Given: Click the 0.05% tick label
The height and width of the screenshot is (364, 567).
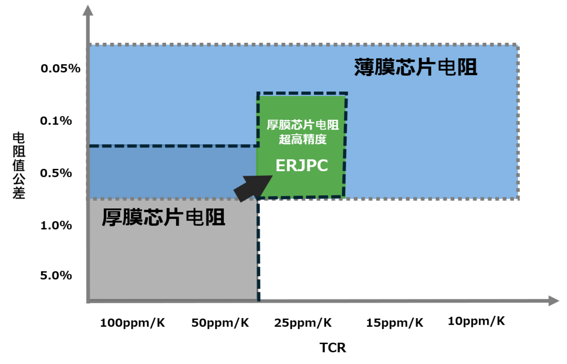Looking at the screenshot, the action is click(x=60, y=69).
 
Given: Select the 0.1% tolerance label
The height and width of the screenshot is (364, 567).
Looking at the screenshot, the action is click(x=56, y=121).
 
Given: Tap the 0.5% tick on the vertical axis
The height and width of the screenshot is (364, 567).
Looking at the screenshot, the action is click(x=56, y=173).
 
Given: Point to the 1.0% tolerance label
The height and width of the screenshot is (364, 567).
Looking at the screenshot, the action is click(x=56, y=225).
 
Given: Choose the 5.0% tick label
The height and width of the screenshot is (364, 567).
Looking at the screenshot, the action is click(x=56, y=275).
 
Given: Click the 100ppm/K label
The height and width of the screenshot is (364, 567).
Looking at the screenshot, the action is click(x=132, y=323).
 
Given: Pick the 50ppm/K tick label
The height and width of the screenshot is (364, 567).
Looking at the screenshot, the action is click(x=220, y=323).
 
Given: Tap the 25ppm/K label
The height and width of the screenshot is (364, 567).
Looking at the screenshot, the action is click(x=303, y=323).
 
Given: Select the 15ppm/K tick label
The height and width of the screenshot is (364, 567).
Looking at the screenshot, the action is click(x=395, y=323).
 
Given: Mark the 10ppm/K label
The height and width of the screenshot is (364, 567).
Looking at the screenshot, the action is click(x=477, y=321).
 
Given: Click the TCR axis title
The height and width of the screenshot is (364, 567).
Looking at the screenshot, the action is click(x=332, y=348).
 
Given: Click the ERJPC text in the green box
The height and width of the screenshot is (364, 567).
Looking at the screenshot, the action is click(x=301, y=166).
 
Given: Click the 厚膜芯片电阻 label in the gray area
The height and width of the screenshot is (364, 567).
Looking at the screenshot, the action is click(x=163, y=217).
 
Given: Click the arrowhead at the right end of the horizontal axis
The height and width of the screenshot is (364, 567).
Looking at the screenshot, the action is click(x=553, y=301).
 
